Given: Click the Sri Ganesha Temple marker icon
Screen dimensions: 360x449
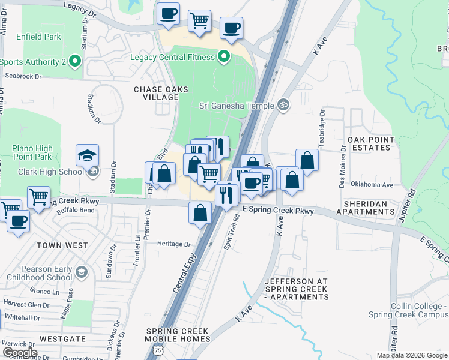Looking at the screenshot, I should coord(284,106).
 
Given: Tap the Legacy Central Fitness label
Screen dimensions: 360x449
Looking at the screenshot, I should coord(173,57).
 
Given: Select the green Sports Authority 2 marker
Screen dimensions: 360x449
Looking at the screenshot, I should coord(75,61).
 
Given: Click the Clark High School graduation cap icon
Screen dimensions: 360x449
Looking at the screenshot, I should coord(87,155).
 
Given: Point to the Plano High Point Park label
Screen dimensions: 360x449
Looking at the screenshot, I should coord(32,152).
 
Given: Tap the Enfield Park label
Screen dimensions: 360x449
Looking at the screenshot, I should coord(40,37).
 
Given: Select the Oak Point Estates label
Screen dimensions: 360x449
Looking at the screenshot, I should coord(371,143).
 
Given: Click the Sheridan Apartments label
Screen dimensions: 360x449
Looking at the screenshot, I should coord(366,208).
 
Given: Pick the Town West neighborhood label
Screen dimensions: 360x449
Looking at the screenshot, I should coord(62,245).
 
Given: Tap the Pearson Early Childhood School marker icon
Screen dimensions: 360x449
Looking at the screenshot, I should coord(82,272).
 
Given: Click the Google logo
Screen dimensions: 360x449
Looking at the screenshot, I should coord(20,353).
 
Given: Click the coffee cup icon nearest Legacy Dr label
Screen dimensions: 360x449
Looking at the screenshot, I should coord(168,13).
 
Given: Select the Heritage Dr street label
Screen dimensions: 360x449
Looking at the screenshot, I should coord(173,244).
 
